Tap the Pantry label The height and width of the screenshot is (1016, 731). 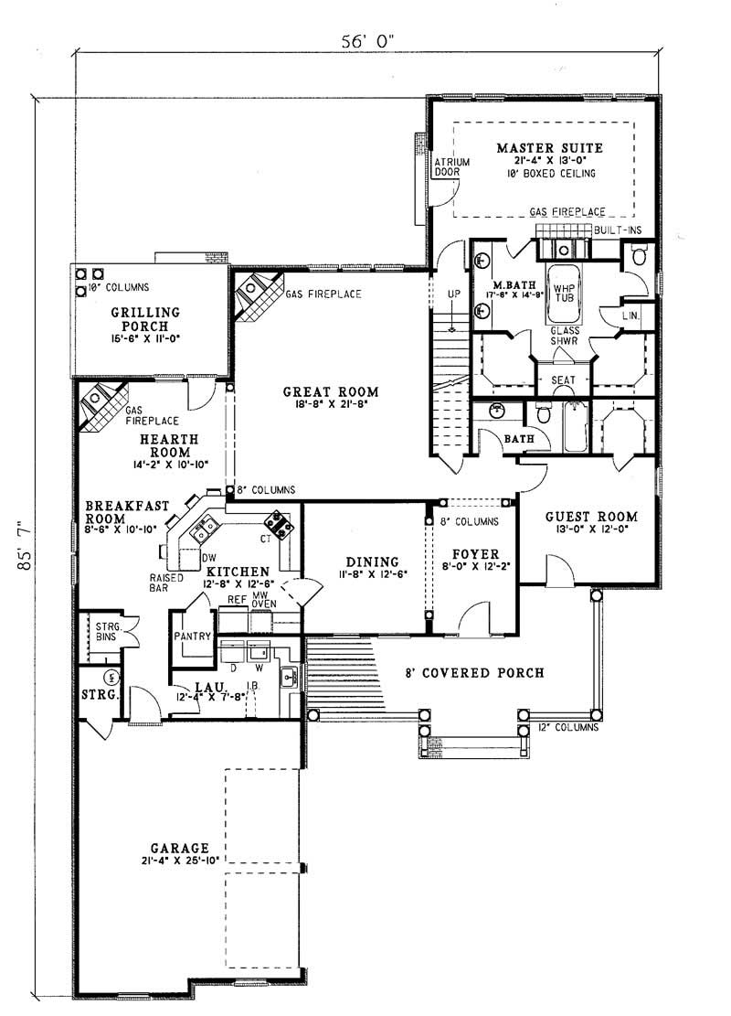pos(192,636)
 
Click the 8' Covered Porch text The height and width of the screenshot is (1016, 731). pos(475,673)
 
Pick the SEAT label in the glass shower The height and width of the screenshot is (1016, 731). pos(563,380)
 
